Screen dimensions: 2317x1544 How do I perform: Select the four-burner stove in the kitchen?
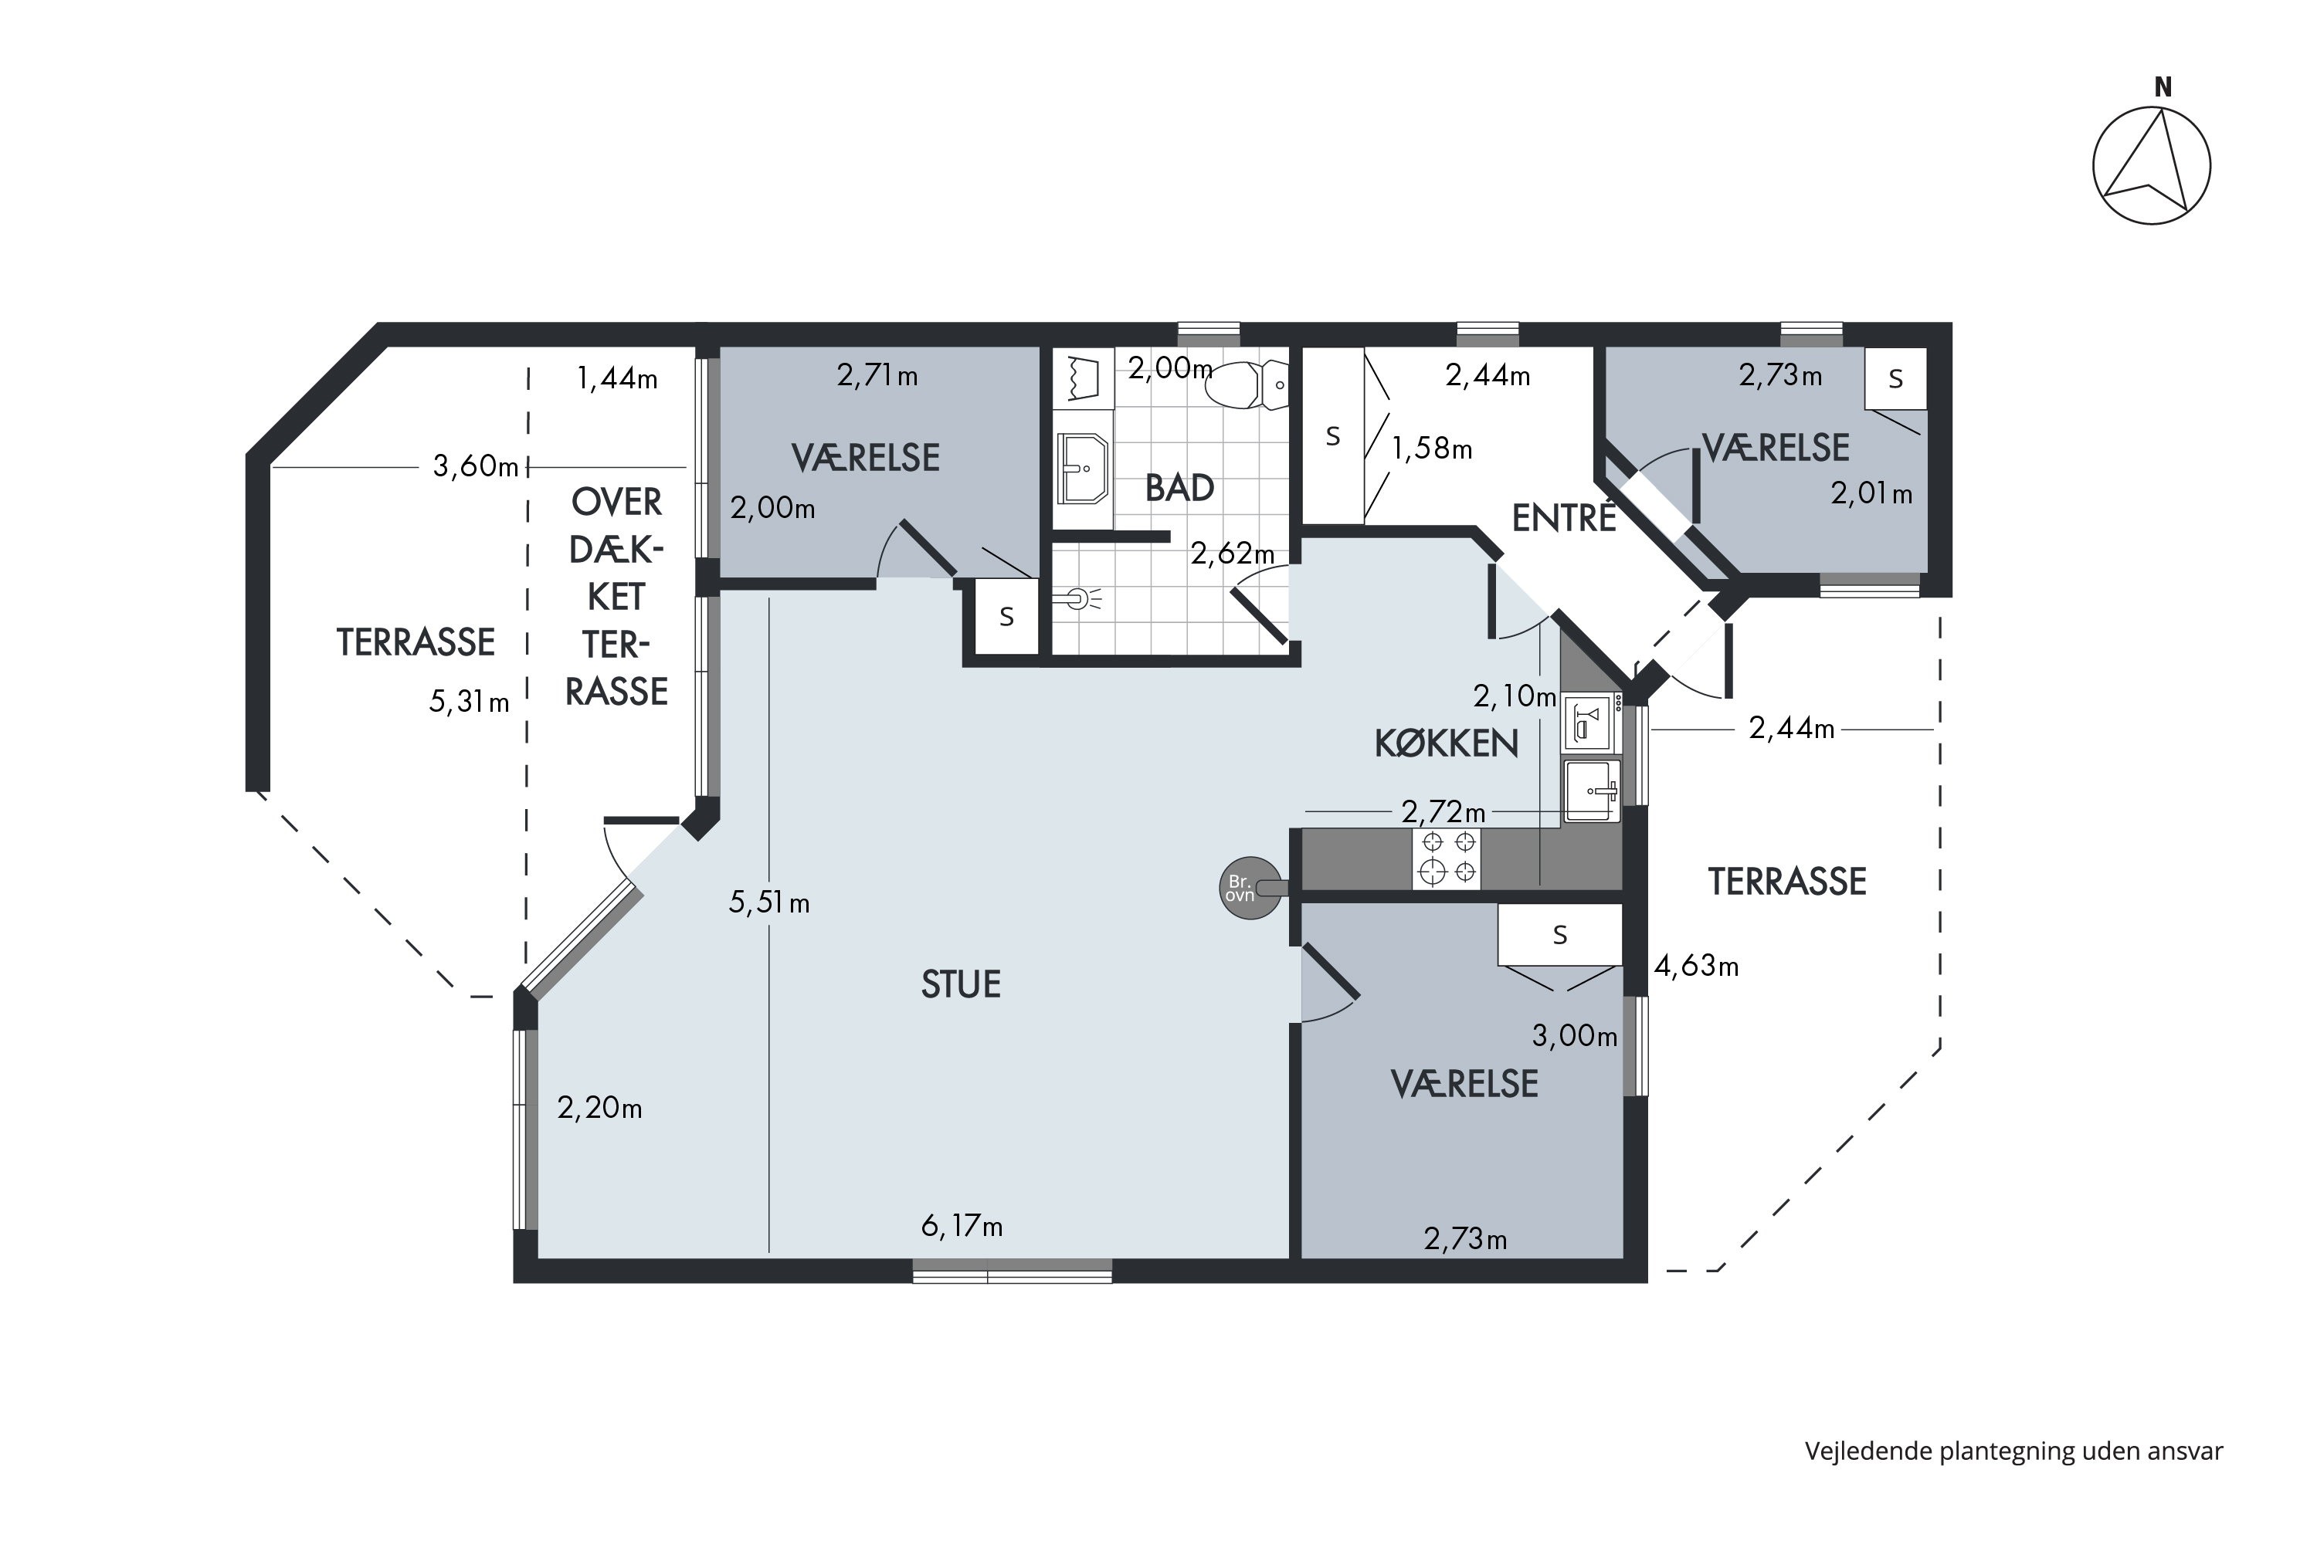pyautogui.click(x=1446, y=858)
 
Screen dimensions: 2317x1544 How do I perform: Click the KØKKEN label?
pyautogui.click(x=1446, y=743)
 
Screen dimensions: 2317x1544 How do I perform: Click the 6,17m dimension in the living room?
pyautogui.click(x=962, y=1226)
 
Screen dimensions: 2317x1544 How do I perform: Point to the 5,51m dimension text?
pyautogui.click(x=769, y=902)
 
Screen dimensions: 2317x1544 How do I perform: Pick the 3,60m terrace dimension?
pyautogui.click(x=476, y=466)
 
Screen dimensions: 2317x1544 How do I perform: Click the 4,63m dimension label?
pyautogui.click(x=1696, y=966)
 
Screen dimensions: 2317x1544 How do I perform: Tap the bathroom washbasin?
pyautogui.click(x=1083, y=469)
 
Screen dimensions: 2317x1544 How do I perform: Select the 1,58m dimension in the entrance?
pyautogui.click(x=1431, y=449)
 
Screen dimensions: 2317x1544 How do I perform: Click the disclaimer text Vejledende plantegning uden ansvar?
pyautogui.click(x=2013, y=1451)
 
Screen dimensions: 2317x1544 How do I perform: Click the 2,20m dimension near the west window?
pyautogui.click(x=600, y=1109)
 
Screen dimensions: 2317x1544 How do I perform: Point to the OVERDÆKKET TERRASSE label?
pyautogui.click(x=616, y=597)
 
